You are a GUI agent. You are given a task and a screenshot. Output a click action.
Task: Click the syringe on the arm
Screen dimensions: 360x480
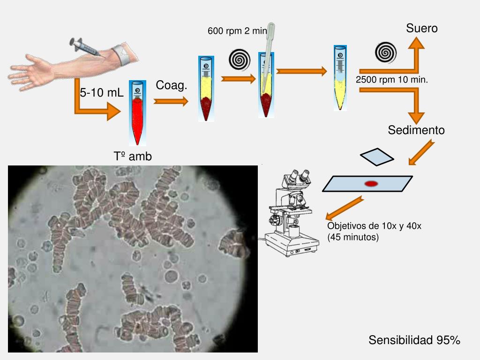click(x=86, y=47)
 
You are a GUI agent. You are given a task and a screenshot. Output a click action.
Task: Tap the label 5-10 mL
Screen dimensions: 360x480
click(x=101, y=93)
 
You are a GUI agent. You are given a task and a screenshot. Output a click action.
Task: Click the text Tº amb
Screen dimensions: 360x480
click(x=133, y=157)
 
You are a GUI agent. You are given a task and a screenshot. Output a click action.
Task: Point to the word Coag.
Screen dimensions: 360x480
click(x=172, y=85)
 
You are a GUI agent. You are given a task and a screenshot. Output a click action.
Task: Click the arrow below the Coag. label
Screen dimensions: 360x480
click(x=171, y=101)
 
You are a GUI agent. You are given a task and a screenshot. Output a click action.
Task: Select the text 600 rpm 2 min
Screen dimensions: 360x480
click(x=237, y=31)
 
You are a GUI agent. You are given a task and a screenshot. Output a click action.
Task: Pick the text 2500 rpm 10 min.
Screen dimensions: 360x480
click(x=392, y=79)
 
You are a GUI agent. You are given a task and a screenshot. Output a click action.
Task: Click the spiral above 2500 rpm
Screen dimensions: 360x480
click(x=386, y=52)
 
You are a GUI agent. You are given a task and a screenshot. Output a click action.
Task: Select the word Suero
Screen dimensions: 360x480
click(x=422, y=29)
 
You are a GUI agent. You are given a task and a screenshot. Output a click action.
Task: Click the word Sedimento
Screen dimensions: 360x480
click(x=416, y=130)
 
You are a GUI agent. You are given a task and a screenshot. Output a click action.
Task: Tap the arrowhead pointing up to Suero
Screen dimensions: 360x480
click(x=415, y=43)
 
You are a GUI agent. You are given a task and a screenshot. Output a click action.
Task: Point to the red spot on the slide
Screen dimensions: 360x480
click(x=371, y=183)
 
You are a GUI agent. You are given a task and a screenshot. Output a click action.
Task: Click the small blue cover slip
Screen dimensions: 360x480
click(x=377, y=157)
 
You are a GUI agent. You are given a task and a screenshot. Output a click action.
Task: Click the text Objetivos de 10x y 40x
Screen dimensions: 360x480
click(x=374, y=226)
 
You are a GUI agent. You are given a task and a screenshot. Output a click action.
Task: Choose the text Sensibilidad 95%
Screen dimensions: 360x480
click(x=414, y=340)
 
